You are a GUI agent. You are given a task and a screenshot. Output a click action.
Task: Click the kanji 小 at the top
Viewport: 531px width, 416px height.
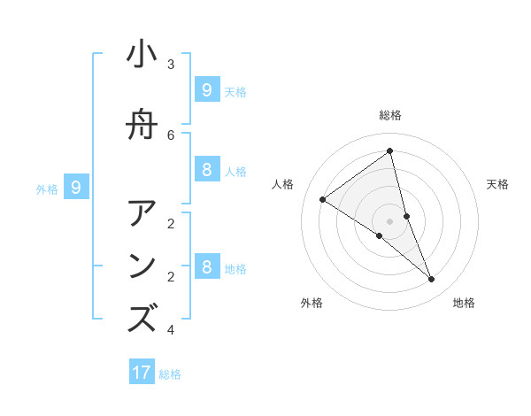tap(142, 55)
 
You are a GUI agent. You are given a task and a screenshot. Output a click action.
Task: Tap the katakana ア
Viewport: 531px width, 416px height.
tap(142, 214)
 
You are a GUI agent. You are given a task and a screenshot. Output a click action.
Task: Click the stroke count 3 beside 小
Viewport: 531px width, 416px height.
tap(171, 65)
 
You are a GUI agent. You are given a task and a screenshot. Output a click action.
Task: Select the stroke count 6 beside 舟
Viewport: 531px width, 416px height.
tap(171, 135)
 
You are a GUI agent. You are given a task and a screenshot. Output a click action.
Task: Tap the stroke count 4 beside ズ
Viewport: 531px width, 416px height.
tap(171, 330)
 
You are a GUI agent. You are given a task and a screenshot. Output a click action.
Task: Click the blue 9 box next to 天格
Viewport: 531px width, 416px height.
tap(206, 89)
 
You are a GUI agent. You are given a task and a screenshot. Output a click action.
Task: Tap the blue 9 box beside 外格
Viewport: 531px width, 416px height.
tap(76, 187)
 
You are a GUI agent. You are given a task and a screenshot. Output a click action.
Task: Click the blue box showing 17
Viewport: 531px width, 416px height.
tap(142, 373)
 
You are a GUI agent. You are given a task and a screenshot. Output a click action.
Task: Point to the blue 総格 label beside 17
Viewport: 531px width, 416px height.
tap(170, 374)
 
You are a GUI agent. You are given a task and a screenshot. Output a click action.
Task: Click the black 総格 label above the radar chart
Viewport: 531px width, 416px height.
tap(390, 115)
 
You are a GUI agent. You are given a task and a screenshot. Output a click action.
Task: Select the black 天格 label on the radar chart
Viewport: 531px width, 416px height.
tap(498, 184)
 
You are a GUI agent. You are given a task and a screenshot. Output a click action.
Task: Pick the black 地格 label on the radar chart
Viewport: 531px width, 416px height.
tap(464, 303)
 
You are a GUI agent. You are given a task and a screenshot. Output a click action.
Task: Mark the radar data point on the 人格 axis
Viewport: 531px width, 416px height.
tap(323, 200)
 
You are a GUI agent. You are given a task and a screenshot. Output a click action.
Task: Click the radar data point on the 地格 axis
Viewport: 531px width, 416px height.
tap(432, 280)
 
